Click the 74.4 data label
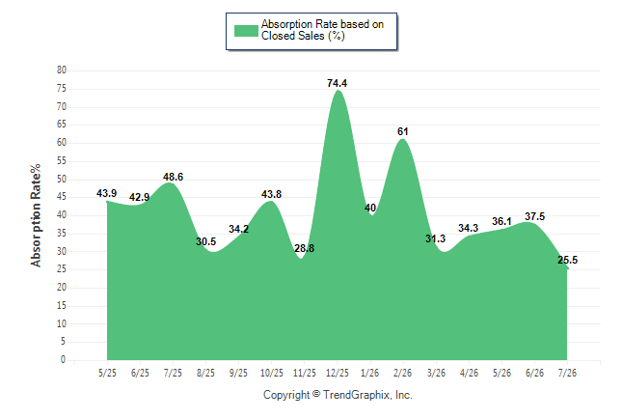coord(337,83)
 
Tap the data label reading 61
coord(402,131)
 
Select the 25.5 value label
coord(567,260)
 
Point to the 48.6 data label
coord(173,177)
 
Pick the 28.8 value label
coord(305,248)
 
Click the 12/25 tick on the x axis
coord(337,373)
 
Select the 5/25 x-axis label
coord(107,373)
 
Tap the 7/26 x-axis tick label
coord(567,373)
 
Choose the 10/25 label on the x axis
coord(271,373)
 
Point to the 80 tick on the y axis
coord(62,70)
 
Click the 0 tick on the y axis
coord(64,359)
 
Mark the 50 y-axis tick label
coord(62,179)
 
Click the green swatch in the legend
coord(246,31)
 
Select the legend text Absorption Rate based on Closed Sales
coord(322,30)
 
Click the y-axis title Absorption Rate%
coord(36,215)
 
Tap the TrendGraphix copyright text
coord(338,395)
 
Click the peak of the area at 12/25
coord(338,91)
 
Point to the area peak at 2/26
coord(402,139)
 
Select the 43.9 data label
coord(106,193)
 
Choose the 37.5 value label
coord(535,216)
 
